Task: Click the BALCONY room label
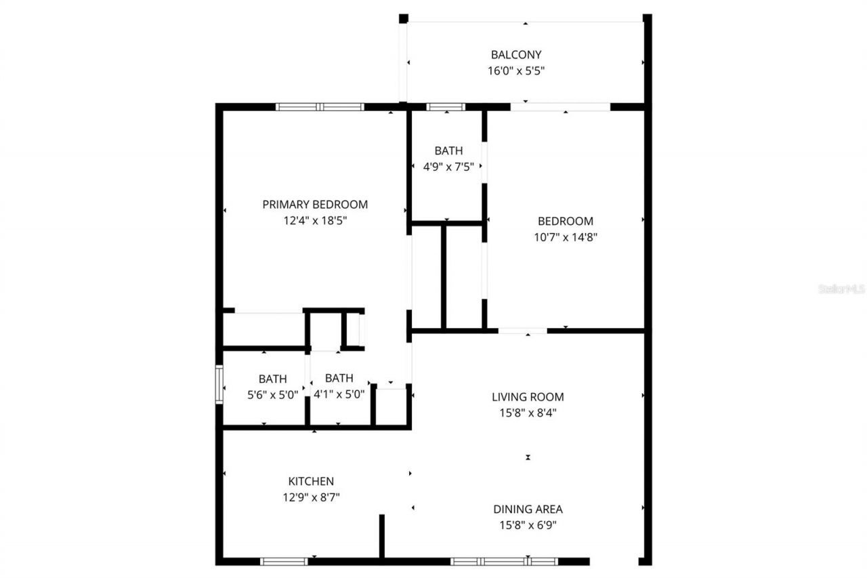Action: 516,54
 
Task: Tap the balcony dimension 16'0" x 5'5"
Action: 516,70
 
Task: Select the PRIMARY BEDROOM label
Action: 315,204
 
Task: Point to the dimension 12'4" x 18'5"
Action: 315,220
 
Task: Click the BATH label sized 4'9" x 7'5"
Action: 448,150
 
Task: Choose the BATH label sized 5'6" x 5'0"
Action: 272,379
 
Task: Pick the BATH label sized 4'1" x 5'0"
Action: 339,378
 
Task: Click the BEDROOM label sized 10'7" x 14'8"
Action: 565,221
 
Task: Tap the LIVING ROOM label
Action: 528,397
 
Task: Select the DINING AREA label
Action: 528,509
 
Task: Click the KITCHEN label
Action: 311,481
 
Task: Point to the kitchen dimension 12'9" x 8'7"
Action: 311,497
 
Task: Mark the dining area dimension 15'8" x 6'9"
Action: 528,525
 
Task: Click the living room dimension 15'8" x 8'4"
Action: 528,412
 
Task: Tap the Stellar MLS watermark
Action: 841,289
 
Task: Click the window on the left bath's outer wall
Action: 219,384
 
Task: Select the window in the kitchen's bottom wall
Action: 284,561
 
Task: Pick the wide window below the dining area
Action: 504,561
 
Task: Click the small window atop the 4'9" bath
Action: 445,106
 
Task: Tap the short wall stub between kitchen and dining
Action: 381,536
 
